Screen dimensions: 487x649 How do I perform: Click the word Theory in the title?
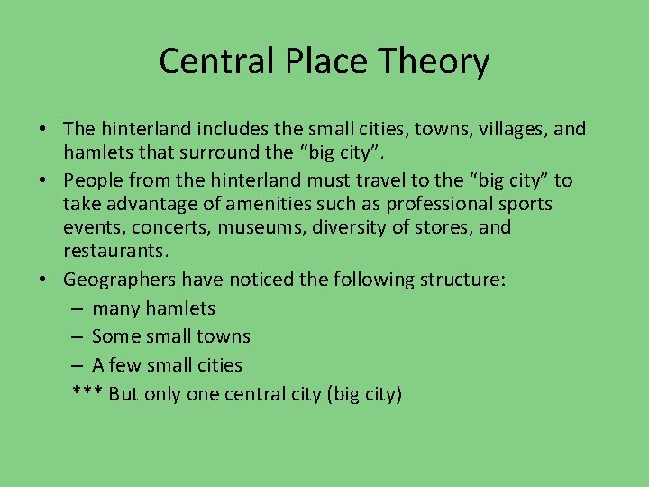pyautogui.click(x=435, y=61)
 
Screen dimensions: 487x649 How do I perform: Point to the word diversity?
pyautogui.click(x=349, y=227)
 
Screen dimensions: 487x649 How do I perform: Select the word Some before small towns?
pyautogui.click(x=112, y=336)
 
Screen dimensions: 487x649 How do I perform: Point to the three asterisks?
pyautogui.click(x=87, y=393)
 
